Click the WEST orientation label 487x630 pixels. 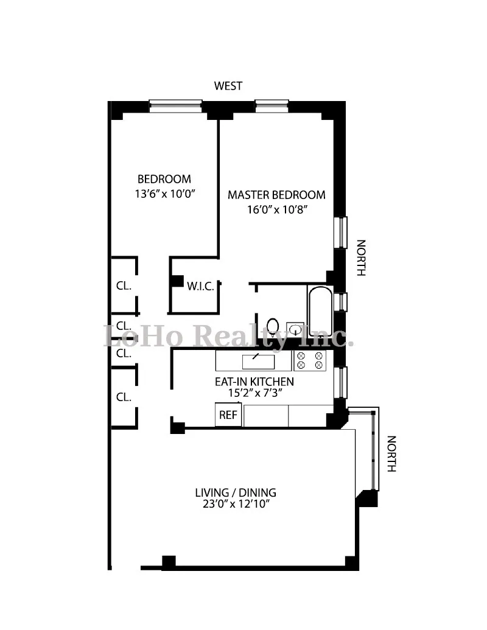tap(228, 86)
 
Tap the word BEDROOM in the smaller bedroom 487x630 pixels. tap(164, 180)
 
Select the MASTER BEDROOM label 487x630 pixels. tap(276, 195)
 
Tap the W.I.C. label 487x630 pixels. tap(200, 286)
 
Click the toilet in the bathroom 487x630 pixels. tap(273, 327)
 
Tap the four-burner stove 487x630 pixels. tap(310, 360)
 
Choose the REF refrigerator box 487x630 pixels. tap(228, 416)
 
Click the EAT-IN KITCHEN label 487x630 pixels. tap(254, 382)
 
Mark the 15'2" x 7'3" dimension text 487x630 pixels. tap(254, 393)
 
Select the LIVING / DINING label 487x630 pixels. tap(236, 492)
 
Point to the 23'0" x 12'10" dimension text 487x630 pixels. tap(236, 505)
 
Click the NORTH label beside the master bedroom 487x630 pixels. tap(360, 258)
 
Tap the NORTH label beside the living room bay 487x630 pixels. tap(391, 453)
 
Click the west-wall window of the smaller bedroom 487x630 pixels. tap(175, 107)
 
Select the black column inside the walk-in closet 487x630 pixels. tap(177, 281)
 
